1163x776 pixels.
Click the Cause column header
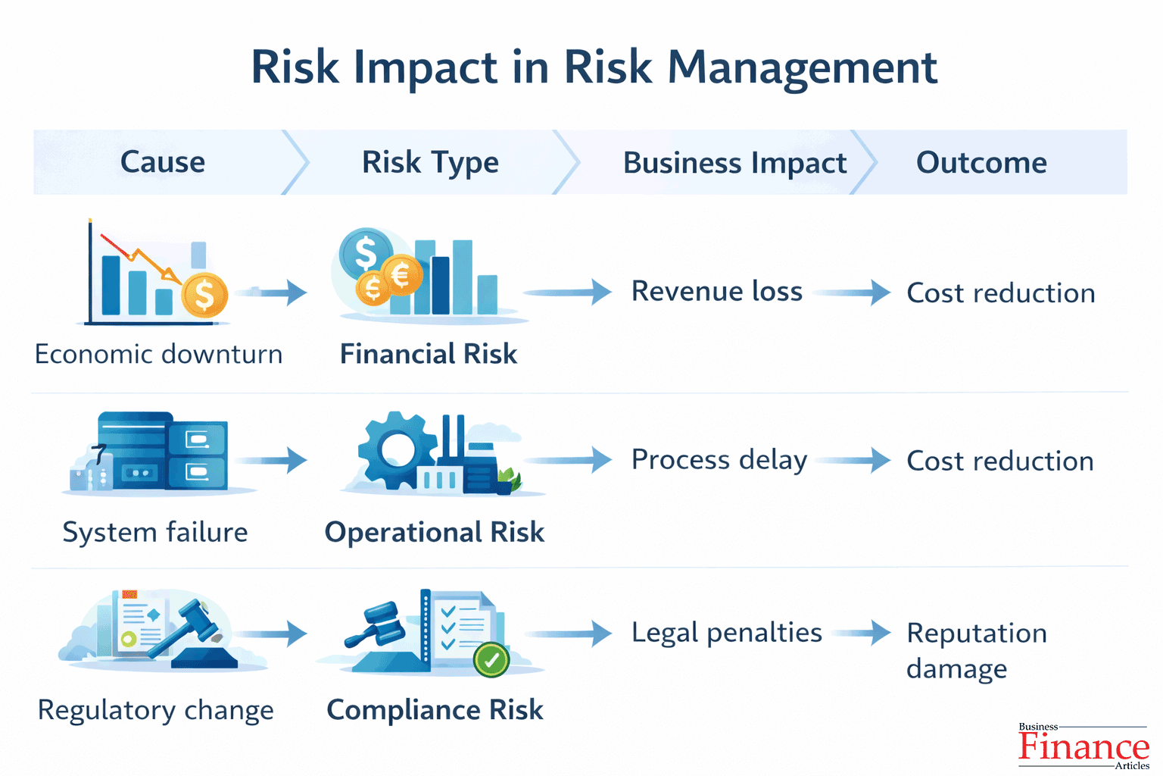163,162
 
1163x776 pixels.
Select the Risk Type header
430,162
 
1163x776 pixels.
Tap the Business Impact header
734,163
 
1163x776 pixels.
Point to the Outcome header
981,162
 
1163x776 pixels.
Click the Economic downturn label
158,354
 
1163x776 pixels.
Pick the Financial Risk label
429,354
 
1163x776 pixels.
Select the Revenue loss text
716,291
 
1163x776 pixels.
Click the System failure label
155,532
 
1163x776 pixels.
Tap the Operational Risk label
435,532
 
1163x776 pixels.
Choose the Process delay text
719,460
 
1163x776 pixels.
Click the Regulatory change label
156,710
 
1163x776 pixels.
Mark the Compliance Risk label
435,710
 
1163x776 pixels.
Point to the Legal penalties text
726,633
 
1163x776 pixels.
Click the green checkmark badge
491,659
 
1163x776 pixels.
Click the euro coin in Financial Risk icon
401,275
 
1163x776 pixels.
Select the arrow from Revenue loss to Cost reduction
853,292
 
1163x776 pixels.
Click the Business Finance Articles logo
1083,746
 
